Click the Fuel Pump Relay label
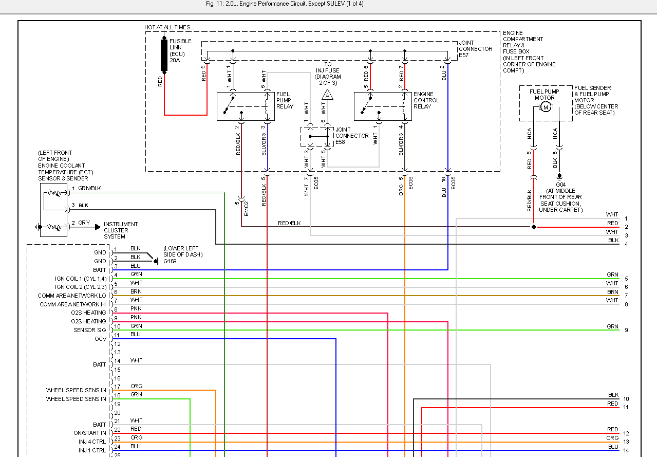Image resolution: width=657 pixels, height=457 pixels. click(x=285, y=100)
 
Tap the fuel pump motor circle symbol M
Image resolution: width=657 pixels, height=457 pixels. click(x=546, y=107)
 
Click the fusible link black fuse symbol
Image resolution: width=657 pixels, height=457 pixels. click(x=164, y=55)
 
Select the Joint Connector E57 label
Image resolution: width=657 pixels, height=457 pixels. click(x=475, y=49)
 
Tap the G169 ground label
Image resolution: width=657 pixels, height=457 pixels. click(x=170, y=261)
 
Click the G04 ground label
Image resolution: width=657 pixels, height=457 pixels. click(x=560, y=184)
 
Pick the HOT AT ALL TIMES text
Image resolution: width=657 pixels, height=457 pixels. click(x=167, y=27)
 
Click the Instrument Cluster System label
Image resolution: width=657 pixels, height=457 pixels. click(x=121, y=230)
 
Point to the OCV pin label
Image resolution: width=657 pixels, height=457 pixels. click(x=100, y=339)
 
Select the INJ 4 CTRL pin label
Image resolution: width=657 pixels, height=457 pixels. click(x=92, y=442)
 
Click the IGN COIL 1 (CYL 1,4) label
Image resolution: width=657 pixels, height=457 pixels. click(x=81, y=279)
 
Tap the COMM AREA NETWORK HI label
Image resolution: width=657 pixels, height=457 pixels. click(x=73, y=304)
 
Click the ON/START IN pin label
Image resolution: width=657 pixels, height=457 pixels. click(x=90, y=433)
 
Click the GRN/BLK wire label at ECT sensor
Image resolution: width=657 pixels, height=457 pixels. click(x=89, y=188)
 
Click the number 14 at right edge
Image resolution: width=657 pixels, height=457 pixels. click(x=626, y=450)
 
